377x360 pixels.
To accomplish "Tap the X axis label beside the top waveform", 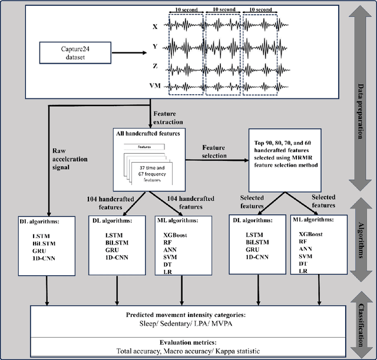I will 155,27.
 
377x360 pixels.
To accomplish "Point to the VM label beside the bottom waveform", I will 155,86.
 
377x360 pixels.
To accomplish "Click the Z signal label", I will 155,67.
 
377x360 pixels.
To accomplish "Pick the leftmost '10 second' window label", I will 187,9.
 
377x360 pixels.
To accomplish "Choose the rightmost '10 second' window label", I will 261,9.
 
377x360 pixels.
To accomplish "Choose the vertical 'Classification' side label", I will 359,325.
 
